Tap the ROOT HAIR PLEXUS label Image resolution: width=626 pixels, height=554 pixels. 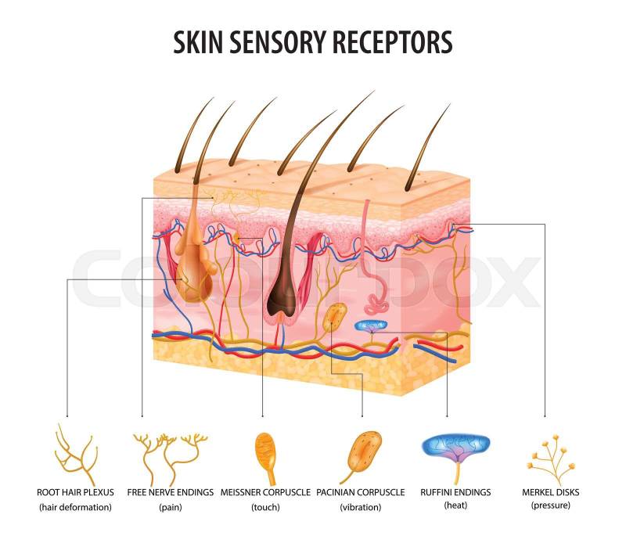tap(76, 492)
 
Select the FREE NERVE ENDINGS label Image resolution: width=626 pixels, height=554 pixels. tap(170, 492)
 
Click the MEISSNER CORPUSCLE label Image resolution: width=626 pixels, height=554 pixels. tap(266, 492)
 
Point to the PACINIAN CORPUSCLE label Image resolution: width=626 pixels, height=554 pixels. tap(361, 492)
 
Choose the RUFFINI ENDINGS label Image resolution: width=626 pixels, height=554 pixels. tap(455, 492)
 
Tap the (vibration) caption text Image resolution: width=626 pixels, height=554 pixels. tap(361, 507)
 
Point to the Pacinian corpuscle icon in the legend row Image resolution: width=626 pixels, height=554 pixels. tap(362, 455)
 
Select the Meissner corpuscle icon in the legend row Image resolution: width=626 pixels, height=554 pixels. tap(266, 454)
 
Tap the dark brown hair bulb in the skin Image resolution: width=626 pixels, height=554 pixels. tap(281, 301)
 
